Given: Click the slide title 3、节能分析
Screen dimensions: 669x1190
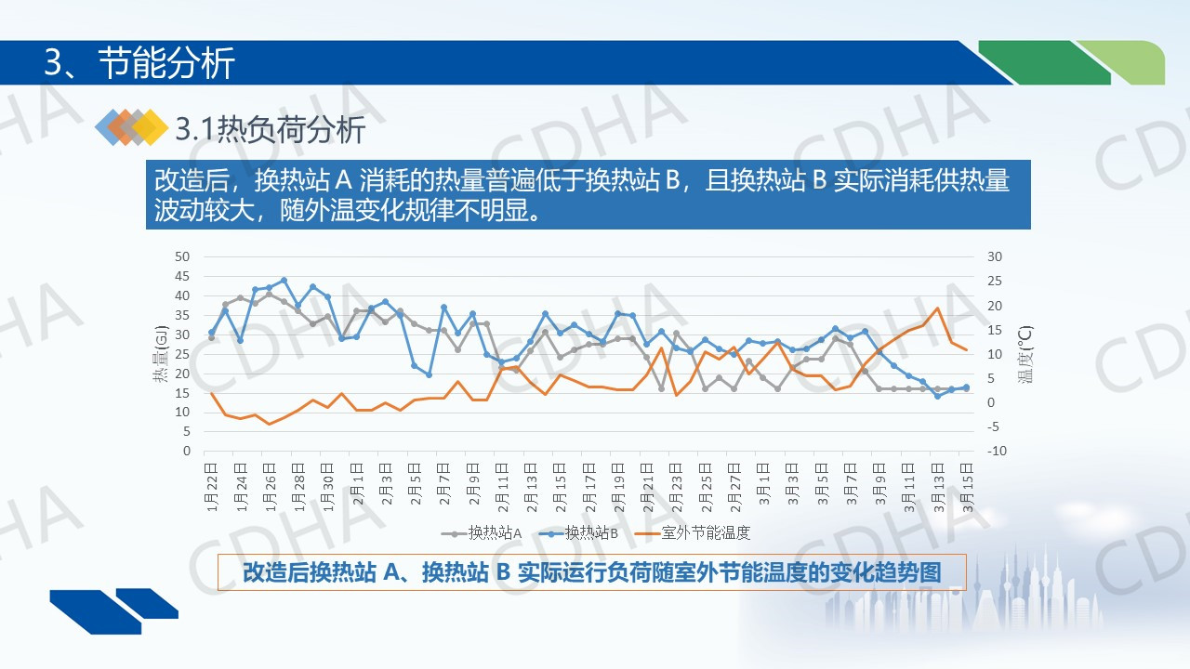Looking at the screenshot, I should point(139,63).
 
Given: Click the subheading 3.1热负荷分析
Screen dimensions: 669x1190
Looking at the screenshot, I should point(270,130).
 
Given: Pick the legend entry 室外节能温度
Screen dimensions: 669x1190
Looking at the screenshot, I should point(705,532).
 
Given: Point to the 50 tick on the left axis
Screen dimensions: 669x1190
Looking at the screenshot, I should point(182,256).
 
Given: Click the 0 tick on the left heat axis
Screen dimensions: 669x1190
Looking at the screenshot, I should point(186,451).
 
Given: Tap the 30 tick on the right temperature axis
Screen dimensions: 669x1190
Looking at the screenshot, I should point(996,256).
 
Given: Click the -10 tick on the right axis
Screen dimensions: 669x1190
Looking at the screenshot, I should point(997,451).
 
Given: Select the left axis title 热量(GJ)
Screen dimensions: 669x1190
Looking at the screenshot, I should point(159,354).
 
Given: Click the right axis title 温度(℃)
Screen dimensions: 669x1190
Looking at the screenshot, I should point(1025,354).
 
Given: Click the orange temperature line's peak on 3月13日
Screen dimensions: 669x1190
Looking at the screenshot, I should point(937,308).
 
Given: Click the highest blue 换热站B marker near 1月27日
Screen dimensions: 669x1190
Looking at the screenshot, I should point(284,280).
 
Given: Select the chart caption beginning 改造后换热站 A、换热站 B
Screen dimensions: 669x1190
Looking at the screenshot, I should point(591,571).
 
